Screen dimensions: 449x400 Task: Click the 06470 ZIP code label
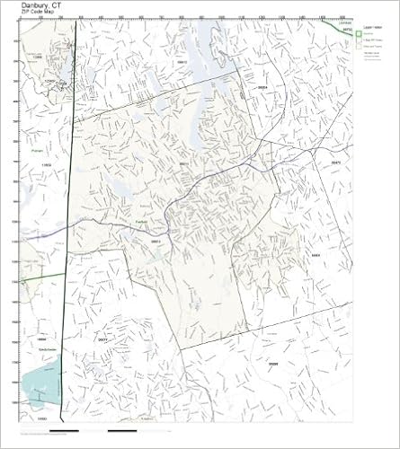(x=335, y=162)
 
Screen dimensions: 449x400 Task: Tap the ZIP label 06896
(x=272, y=362)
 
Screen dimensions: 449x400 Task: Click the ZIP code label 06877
(x=102, y=340)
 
